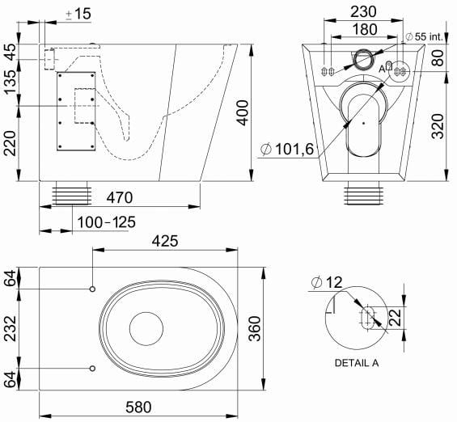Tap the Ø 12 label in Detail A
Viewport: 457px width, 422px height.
point(326,282)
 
